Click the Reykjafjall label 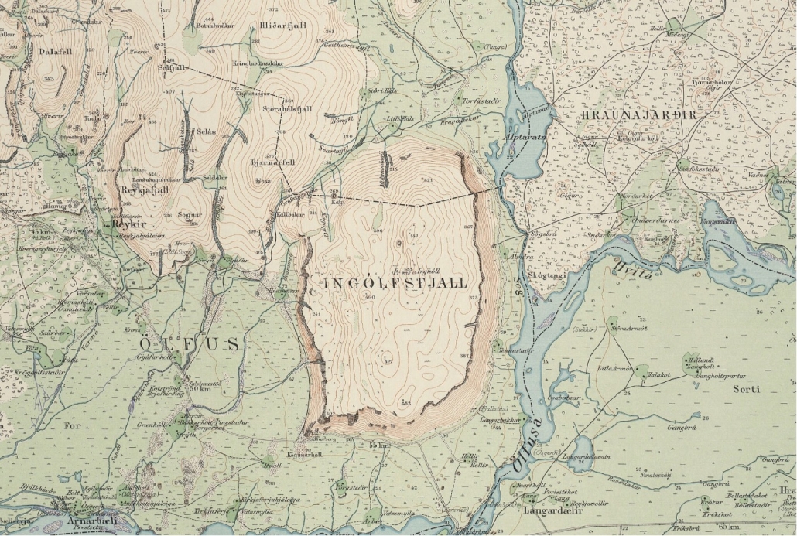pos(145,189)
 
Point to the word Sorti pos(747,389)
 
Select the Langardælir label pos(552,510)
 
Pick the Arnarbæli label pos(94,521)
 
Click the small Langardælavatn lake pos(581,449)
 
